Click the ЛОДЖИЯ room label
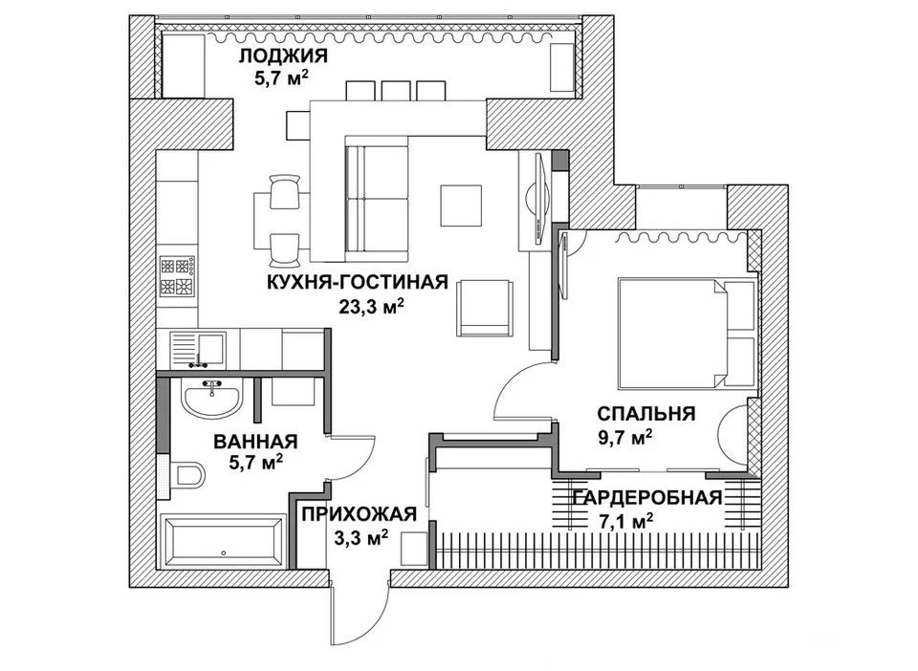point(283,55)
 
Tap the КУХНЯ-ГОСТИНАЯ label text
point(357,282)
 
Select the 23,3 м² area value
point(372,306)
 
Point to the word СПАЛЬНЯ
point(646,414)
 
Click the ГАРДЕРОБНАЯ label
point(647,497)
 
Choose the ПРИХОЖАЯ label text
point(360,513)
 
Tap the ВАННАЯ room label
point(256,441)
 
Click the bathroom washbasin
point(210,398)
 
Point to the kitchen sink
point(198,349)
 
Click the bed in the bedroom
point(687,333)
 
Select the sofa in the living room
point(377,199)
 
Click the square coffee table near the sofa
point(461,206)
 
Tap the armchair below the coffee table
point(486,308)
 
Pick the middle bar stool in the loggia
point(396,90)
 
